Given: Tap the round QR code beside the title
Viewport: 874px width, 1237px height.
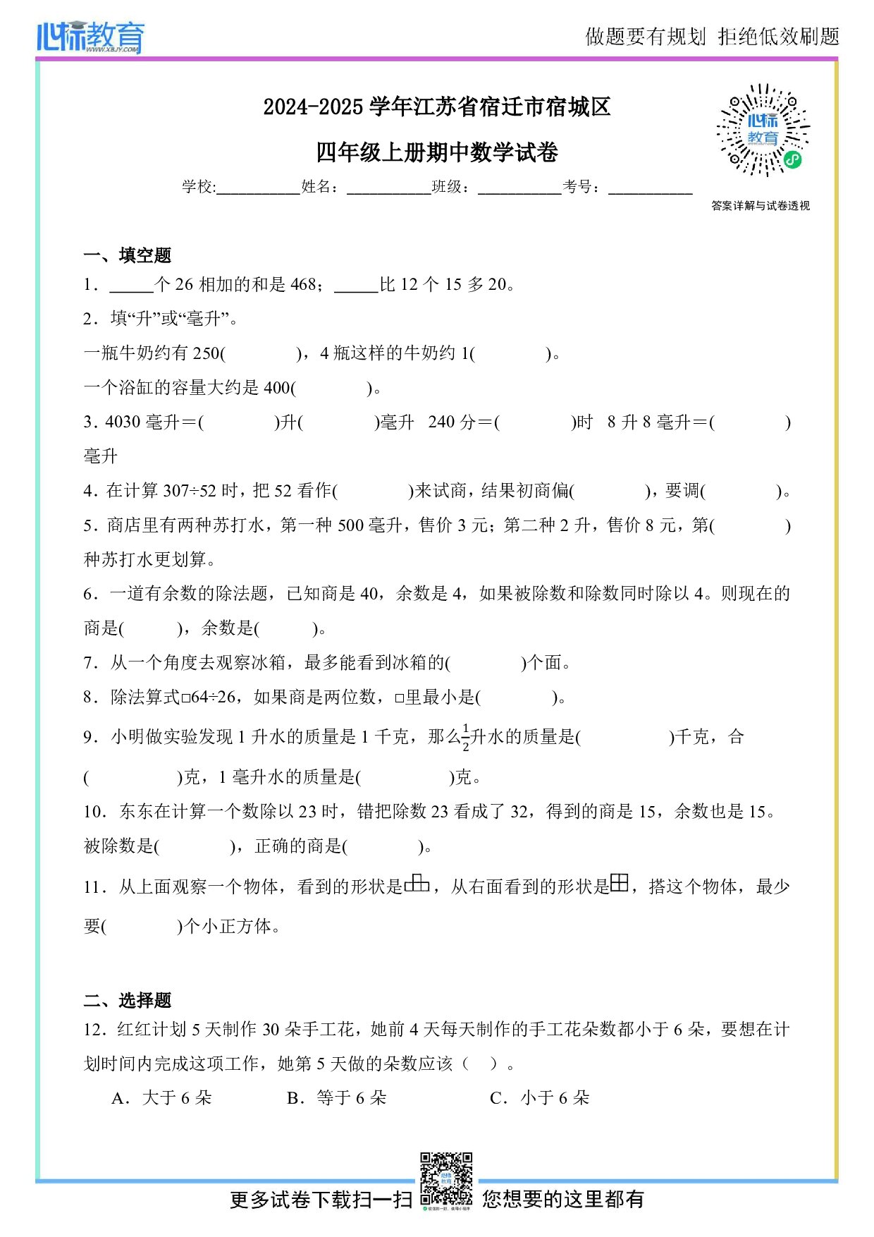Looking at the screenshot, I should click(763, 130).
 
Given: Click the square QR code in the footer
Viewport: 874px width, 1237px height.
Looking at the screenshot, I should click(445, 1179).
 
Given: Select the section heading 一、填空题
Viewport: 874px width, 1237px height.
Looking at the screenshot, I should click(127, 255).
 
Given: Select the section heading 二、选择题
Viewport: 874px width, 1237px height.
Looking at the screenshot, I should click(127, 1000).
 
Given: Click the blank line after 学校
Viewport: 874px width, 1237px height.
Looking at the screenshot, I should click(258, 188).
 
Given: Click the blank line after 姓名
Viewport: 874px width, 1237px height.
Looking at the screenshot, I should click(388, 188).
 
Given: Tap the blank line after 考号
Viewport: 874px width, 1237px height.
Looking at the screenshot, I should click(650, 188).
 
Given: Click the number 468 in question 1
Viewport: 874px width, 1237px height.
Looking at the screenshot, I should click(304, 285).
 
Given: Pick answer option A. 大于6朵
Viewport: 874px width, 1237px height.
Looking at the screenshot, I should click(162, 1098).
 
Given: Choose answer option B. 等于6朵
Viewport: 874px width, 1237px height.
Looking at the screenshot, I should click(337, 1098).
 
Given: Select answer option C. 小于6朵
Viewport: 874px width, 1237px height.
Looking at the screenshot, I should click(540, 1098).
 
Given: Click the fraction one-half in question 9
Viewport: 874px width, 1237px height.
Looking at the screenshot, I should click(466, 737).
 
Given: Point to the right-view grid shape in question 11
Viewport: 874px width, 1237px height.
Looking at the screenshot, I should click(619, 883).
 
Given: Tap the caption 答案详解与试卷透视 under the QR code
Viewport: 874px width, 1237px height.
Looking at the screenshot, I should click(761, 206).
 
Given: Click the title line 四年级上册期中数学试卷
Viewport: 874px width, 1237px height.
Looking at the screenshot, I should click(437, 152).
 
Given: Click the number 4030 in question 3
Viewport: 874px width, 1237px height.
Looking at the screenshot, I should click(123, 422).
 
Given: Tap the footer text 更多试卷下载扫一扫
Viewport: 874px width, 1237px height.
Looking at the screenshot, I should click(321, 1200).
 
